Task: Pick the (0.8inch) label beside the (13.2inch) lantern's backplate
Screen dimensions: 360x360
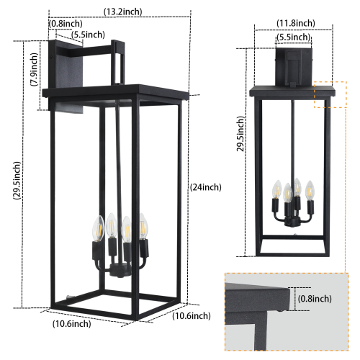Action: pos(65,23)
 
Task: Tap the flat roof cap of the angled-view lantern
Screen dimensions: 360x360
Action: pos(115,93)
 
